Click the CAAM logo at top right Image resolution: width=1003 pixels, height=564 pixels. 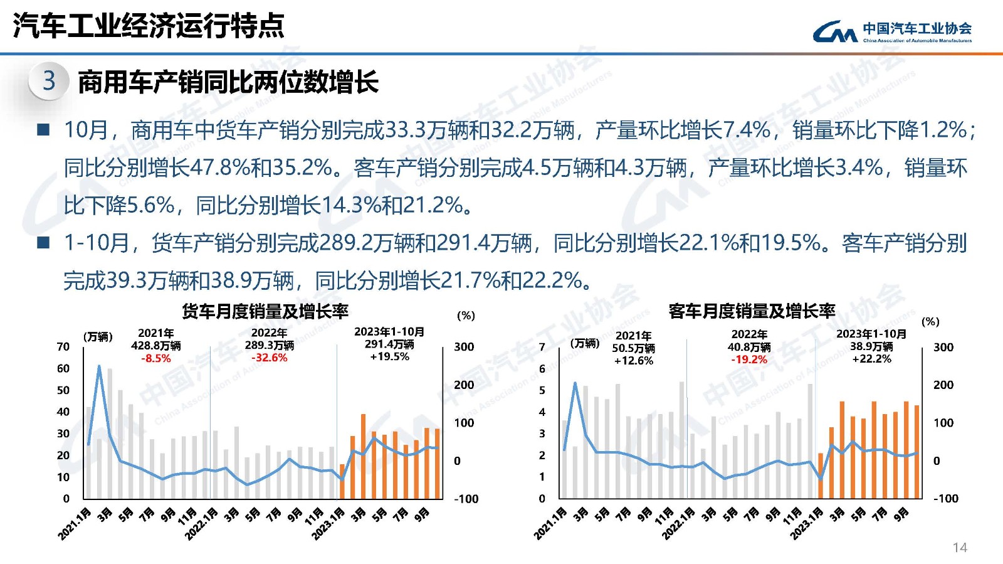point(891,31)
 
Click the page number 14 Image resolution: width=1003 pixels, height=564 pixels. point(960,548)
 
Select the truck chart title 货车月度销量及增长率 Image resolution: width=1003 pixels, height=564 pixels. point(265,311)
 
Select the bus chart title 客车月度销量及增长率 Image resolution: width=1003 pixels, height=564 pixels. point(752,311)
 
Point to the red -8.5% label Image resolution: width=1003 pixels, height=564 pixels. point(156,358)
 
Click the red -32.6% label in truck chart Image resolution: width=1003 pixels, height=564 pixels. point(270,358)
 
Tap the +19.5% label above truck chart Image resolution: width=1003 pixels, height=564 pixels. point(389,356)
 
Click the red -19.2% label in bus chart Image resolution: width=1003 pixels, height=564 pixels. point(749,359)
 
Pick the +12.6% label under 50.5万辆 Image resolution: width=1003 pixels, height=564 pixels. point(634,361)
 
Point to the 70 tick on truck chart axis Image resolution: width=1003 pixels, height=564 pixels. point(63,347)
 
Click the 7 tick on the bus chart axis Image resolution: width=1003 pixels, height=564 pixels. point(542,347)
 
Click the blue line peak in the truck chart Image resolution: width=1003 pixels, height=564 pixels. point(99,366)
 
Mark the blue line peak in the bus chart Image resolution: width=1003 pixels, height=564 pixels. point(575,383)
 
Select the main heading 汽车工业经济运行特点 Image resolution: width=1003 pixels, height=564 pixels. point(149,26)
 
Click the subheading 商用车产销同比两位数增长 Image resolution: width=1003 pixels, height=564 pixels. point(228,82)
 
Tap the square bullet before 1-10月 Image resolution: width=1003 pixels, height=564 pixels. point(43,243)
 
